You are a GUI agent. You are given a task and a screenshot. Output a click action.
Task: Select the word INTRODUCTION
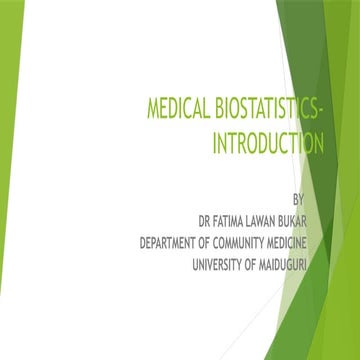coord(268,145)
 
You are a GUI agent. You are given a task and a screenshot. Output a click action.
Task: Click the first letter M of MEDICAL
coord(153,113)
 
